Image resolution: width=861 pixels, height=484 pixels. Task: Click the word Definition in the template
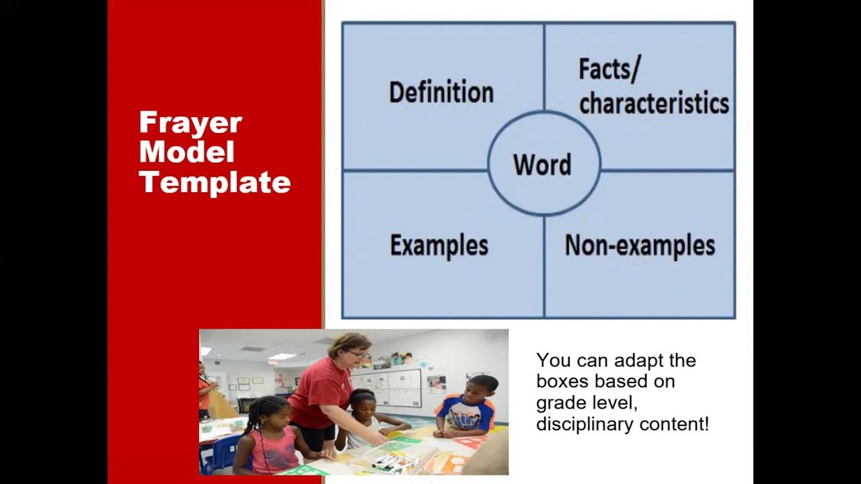pos(441,93)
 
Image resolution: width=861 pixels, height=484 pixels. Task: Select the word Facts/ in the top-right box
pos(609,69)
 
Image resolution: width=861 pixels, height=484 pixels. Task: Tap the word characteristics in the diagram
pos(654,104)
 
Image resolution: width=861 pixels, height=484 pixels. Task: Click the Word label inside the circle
pos(542,165)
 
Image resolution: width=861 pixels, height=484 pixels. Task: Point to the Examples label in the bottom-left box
pos(439,245)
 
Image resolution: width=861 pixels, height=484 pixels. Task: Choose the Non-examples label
pos(640,245)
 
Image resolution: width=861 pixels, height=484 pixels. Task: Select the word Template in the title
pos(215,182)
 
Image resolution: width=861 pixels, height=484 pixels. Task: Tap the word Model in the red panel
pos(186,153)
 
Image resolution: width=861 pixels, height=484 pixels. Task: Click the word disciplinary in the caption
pos(584,425)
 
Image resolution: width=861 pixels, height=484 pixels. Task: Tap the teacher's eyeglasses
pos(357,354)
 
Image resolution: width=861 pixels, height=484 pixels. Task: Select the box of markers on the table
pos(390,460)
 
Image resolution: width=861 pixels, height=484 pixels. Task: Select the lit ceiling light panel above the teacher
pos(283,356)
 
